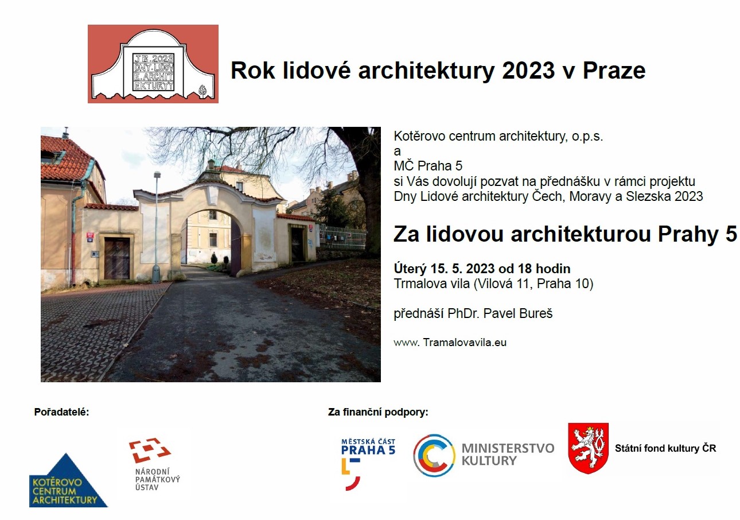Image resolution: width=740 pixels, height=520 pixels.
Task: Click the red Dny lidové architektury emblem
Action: tap(153, 64)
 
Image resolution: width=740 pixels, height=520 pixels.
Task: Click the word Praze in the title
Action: tap(614, 71)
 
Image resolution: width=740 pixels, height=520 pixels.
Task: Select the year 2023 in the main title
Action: tap(528, 71)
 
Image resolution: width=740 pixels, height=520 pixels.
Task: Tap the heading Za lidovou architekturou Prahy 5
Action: tap(565, 234)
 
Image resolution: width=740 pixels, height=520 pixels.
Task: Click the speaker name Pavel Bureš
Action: tap(517, 313)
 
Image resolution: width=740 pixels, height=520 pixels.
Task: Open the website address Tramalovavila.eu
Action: tap(465, 342)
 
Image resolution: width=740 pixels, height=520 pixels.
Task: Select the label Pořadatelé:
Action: tap(61, 412)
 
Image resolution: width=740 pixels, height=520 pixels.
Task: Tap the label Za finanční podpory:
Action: tap(378, 412)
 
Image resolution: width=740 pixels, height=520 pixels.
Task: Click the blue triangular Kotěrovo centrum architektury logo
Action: tap(68, 480)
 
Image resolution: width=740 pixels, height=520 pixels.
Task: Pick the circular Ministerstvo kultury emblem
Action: tap(434, 455)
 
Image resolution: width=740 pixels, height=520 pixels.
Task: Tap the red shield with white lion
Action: tap(588, 448)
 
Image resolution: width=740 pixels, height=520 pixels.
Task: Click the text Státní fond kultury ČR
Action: tap(665, 448)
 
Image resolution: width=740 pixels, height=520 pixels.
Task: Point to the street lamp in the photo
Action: tap(157, 227)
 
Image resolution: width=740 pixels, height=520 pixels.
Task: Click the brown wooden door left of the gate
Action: tap(117, 258)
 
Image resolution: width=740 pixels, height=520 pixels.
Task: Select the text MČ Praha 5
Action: tap(428, 165)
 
